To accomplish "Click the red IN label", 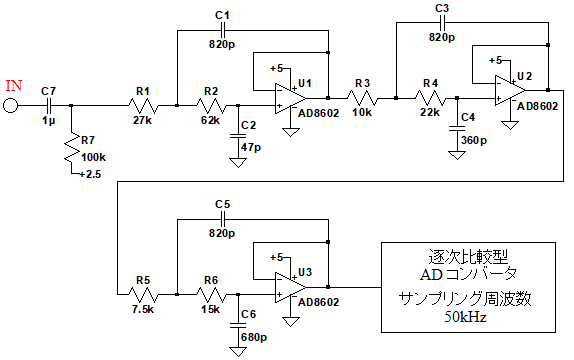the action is point(14,86).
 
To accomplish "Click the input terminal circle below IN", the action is point(10,106).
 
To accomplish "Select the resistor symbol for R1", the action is point(143,106).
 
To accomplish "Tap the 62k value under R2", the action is point(210,120).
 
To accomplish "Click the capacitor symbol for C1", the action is point(222,30).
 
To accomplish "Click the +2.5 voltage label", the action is point(90,174).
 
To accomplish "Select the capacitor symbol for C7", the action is point(49,106).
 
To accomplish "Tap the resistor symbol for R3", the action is point(362,98).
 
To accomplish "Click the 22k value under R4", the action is point(430,112).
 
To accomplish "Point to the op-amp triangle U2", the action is point(510,90).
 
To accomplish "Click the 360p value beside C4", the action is point(474,140).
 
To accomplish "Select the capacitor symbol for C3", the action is point(442,23).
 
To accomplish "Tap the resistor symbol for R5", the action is point(143,294).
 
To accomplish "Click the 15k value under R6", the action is point(210,309).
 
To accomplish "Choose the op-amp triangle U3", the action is point(291,287).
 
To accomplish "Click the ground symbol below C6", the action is point(238,352).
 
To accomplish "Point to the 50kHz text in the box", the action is point(466,316).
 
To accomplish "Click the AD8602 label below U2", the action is point(538,106).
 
